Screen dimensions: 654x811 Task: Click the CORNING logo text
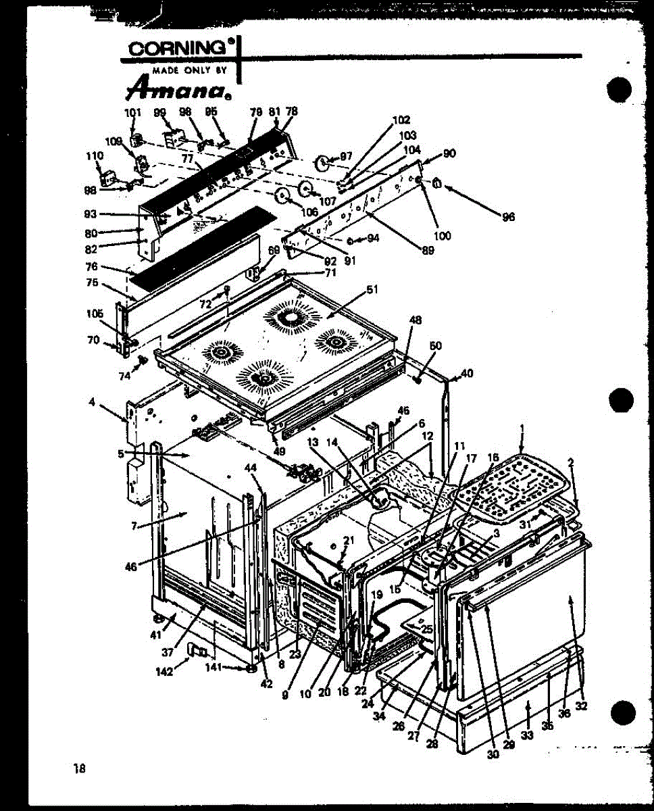click(x=178, y=49)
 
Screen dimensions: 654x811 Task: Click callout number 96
click(x=508, y=217)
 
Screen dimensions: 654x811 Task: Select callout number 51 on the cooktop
click(x=372, y=289)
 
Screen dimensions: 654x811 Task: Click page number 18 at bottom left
click(x=80, y=768)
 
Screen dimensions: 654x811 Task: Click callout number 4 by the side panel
click(x=91, y=403)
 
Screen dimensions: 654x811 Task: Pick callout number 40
click(x=468, y=372)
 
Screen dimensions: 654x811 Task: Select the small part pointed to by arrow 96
click(x=437, y=182)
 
